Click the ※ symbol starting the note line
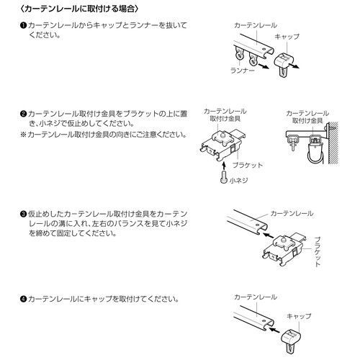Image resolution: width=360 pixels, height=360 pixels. (24, 135)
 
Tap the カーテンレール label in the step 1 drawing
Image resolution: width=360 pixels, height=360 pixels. (253, 24)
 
